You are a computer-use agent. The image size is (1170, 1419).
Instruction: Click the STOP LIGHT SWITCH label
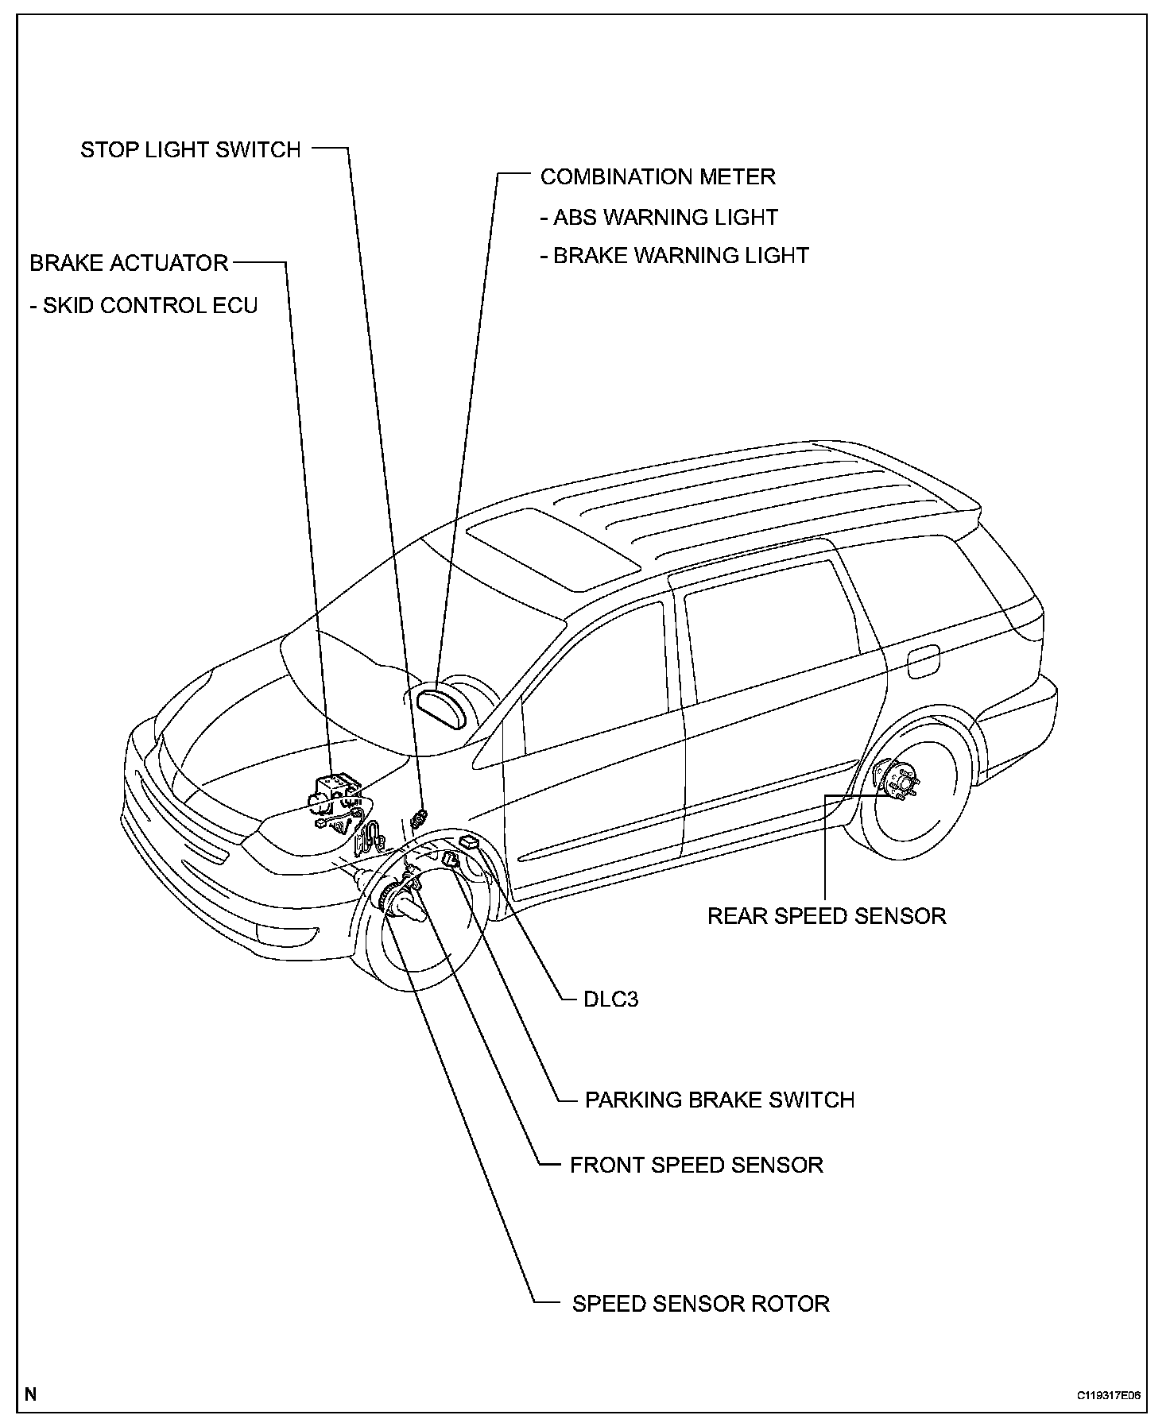tap(191, 149)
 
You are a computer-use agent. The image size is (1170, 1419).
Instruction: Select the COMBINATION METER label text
tap(657, 176)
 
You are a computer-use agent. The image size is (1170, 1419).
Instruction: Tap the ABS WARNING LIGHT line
tap(658, 217)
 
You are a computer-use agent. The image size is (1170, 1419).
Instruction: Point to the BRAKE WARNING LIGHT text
tap(674, 255)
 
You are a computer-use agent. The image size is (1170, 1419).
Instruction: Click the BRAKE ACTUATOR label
tap(129, 263)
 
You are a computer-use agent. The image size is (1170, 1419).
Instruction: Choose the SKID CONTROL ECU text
tap(144, 305)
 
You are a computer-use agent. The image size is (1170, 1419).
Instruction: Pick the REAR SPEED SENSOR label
tap(827, 915)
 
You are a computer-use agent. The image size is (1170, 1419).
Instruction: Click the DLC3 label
tap(610, 999)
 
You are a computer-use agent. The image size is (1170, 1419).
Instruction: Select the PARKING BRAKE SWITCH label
tap(719, 1100)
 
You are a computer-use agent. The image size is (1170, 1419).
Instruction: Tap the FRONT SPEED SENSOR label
tap(696, 1165)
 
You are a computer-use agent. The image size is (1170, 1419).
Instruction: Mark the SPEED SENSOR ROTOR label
tap(700, 1304)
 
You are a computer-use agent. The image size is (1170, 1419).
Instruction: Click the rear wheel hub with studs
tap(899, 783)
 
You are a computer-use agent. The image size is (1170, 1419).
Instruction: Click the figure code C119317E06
tap(1109, 1395)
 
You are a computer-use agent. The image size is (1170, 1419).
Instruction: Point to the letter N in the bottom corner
tap(30, 1394)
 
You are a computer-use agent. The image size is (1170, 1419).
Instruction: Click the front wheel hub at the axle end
tap(401, 906)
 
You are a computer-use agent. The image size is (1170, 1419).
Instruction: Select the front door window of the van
tap(596, 675)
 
